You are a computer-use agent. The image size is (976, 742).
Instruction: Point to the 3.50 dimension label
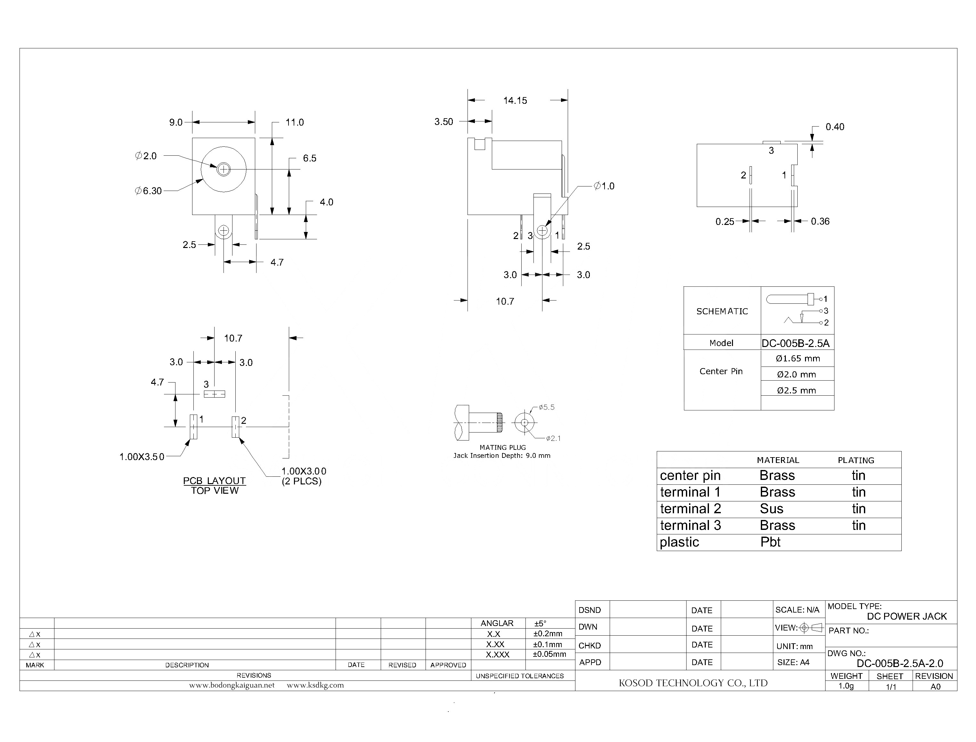(x=443, y=122)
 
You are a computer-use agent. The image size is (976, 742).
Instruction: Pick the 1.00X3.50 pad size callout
(x=142, y=457)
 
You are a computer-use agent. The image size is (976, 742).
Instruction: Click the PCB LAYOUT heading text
(x=214, y=481)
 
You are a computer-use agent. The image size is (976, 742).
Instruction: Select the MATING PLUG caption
(x=502, y=447)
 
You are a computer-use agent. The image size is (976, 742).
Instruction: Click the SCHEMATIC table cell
(x=722, y=311)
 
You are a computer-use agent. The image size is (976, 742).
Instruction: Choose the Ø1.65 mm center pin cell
(x=797, y=359)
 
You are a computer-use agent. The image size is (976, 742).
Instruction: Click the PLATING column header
(x=856, y=460)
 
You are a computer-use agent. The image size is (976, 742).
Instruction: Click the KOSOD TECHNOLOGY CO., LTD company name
(x=693, y=683)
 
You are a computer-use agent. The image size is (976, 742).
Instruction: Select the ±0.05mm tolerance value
(x=549, y=654)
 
